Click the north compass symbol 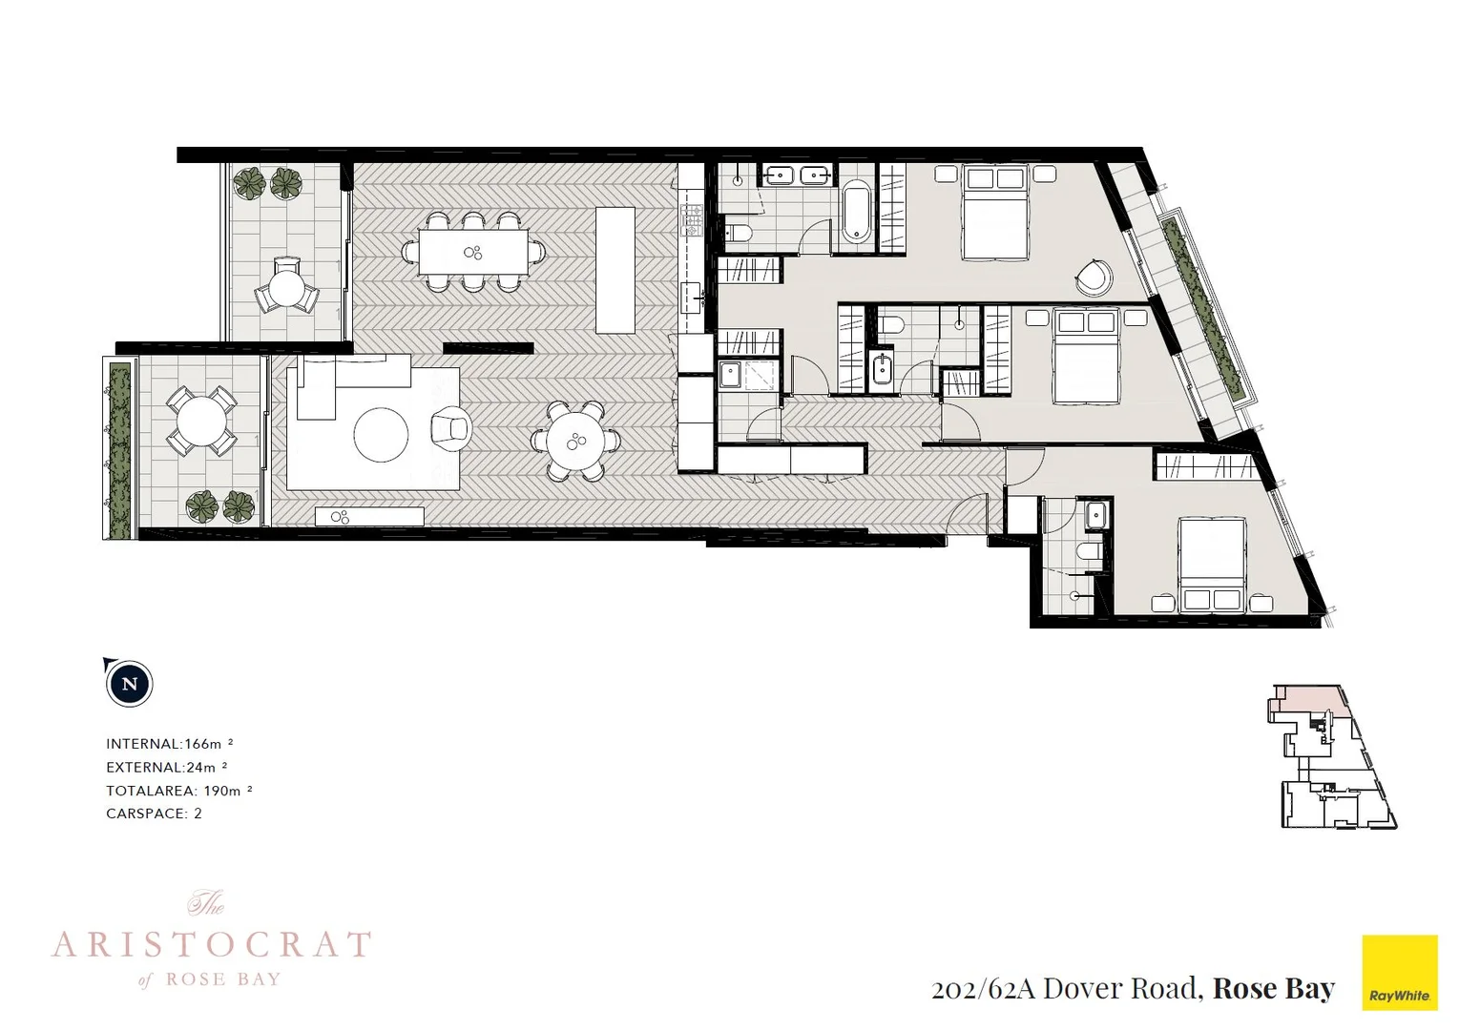[130, 684]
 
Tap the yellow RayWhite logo [1399, 971]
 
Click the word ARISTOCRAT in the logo [211, 945]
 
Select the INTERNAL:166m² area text [170, 744]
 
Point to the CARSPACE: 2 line [154, 814]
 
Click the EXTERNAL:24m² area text [166, 767]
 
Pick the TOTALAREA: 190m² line [178, 791]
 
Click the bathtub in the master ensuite [855, 211]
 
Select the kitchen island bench [615, 270]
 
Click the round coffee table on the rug [382, 435]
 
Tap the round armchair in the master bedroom [1093, 278]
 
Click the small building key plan [1332, 755]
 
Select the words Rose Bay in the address [1273, 988]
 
